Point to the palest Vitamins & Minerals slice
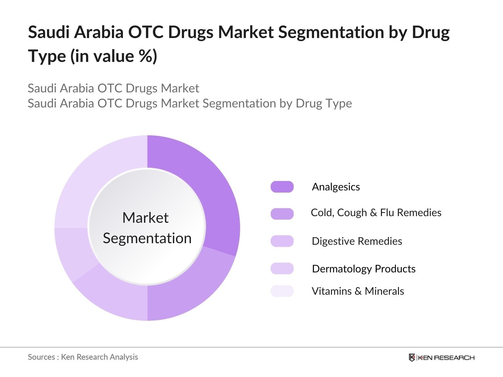94,176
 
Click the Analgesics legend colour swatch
282,187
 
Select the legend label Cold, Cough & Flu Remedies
376,213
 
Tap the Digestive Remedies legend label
357,241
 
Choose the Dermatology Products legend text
364,269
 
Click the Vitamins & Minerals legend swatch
282,291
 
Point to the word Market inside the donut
145,218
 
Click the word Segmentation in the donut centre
147,238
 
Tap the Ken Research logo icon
412,358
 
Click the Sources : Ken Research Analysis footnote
83,357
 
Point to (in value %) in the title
114,56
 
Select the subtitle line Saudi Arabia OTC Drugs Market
113,88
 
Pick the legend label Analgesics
336,187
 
